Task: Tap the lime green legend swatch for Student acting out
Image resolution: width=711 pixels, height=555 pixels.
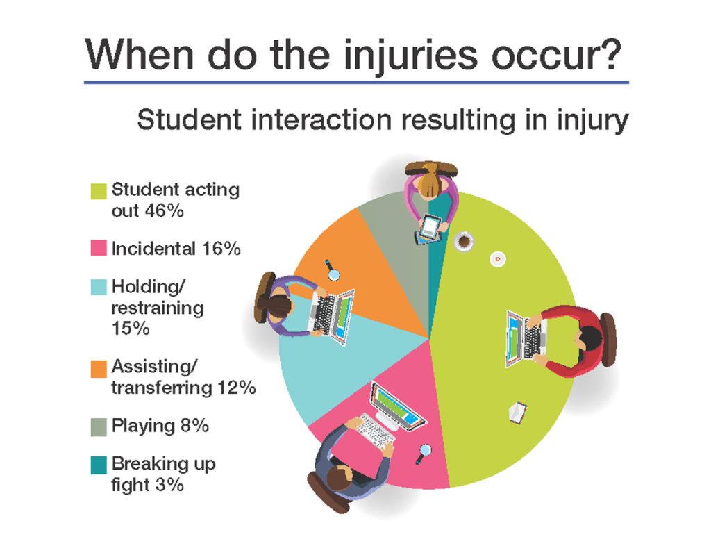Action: click(99, 190)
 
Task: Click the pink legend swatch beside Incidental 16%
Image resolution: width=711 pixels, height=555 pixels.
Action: click(99, 248)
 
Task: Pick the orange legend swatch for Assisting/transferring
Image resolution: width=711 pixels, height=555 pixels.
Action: click(99, 367)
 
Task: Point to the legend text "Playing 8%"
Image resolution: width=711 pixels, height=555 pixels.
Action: click(160, 425)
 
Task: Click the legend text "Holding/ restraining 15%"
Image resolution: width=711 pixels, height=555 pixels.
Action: click(157, 307)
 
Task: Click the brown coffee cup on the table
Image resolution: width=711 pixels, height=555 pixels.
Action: click(463, 241)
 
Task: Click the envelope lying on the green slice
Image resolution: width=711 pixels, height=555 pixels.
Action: click(518, 413)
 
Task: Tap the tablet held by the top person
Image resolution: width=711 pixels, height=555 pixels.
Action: click(430, 227)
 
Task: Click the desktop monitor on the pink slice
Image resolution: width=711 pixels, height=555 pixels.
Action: click(396, 404)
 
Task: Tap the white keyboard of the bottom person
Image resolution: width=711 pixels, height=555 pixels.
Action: click(375, 431)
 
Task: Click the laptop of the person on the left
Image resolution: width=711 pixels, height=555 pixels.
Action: click(333, 317)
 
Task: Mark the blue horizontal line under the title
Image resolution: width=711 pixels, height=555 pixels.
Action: click(355, 82)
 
